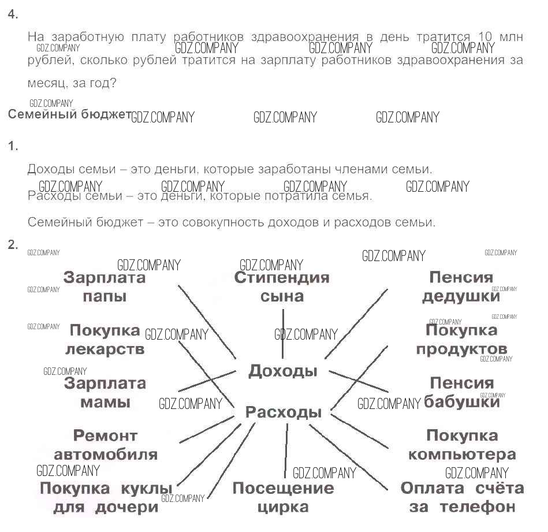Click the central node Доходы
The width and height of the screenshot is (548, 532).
282,371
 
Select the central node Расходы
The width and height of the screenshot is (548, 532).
283,412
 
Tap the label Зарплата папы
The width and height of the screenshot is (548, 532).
105,287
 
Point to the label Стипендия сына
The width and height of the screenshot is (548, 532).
282,287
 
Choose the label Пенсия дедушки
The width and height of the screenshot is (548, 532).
461,287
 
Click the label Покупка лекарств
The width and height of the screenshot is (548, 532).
105,340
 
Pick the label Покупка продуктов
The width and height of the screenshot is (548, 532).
461,340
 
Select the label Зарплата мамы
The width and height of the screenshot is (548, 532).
105,392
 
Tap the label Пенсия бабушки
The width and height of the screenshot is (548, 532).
461,392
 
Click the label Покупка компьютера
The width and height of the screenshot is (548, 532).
461,444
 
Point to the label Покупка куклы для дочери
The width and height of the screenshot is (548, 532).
106,498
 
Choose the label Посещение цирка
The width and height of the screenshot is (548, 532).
283,498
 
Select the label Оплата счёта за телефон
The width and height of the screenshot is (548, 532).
462,498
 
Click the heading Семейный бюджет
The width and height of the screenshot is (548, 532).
69,114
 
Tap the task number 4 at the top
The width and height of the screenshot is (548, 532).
13,15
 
